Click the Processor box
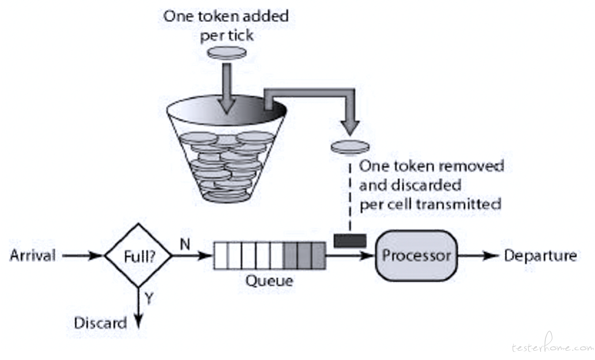(x=416, y=256)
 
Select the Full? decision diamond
(x=138, y=256)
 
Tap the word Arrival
(x=33, y=256)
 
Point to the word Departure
(x=540, y=256)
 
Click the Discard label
(x=100, y=323)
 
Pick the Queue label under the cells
(x=269, y=281)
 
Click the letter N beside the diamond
(x=185, y=244)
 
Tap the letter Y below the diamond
(x=149, y=298)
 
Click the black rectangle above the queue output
(x=350, y=241)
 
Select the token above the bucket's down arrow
(x=227, y=52)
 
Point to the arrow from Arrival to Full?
(x=82, y=256)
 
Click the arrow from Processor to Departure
(x=478, y=256)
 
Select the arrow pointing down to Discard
(x=138, y=307)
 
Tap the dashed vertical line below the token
(x=350, y=194)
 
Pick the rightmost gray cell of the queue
(x=318, y=256)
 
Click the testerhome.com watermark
(x=552, y=346)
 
